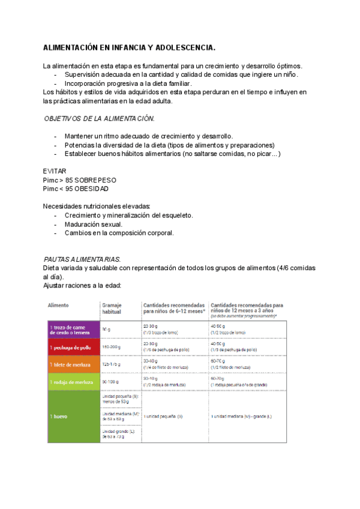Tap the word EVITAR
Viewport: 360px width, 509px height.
(55, 171)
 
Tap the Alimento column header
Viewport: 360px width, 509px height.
(58, 306)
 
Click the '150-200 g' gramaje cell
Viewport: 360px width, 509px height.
(111, 347)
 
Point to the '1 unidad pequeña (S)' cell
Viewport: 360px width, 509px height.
(163, 416)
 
